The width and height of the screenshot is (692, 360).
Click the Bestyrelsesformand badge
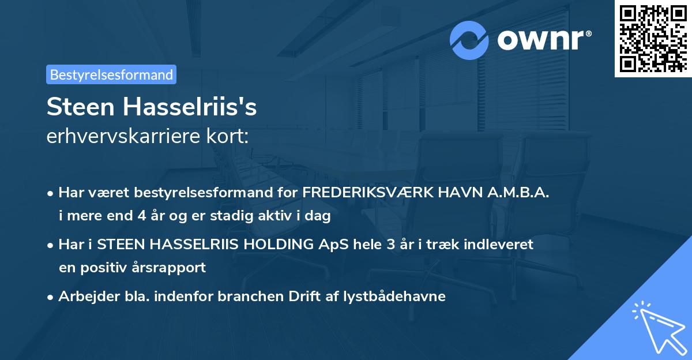point(111,74)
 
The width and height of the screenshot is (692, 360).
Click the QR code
point(653,39)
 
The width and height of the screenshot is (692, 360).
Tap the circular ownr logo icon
point(469,40)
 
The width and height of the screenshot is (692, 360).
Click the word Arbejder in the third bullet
point(84,297)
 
